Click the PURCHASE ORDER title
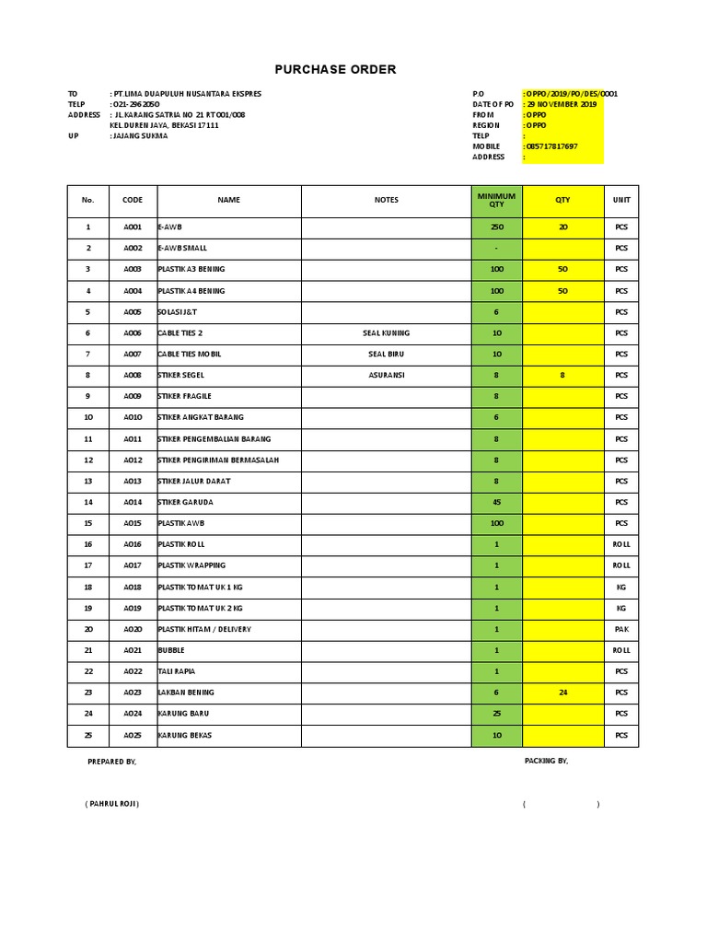point(335,70)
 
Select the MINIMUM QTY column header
point(496,200)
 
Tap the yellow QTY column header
point(562,200)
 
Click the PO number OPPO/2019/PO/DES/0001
point(572,94)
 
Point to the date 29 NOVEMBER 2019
point(562,105)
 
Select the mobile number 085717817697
point(552,146)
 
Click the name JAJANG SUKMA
point(140,136)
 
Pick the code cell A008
point(133,376)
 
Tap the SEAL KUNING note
point(387,333)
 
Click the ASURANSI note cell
point(387,376)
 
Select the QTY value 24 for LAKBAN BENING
point(562,693)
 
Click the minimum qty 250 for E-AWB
point(497,227)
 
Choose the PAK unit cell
point(621,630)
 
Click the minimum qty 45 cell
point(497,503)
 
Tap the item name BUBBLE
point(171,651)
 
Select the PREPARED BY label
point(111,762)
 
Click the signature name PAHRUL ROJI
point(111,804)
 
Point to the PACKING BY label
point(546,761)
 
